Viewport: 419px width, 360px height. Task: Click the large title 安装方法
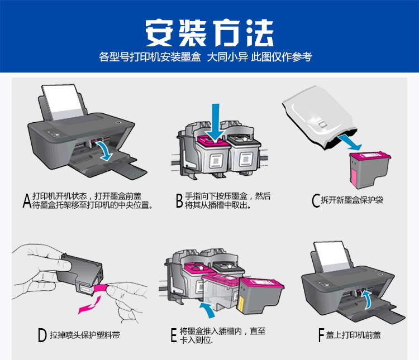[209, 33]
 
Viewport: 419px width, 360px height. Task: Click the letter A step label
[26, 201]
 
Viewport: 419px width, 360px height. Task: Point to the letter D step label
[41, 335]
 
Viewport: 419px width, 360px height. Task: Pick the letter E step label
[174, 335]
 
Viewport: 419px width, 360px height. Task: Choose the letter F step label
[321, 335]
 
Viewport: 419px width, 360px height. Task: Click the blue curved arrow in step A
[104, 150]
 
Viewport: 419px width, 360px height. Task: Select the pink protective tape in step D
[101, 288]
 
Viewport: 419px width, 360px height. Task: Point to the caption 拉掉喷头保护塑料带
[84, 335]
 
